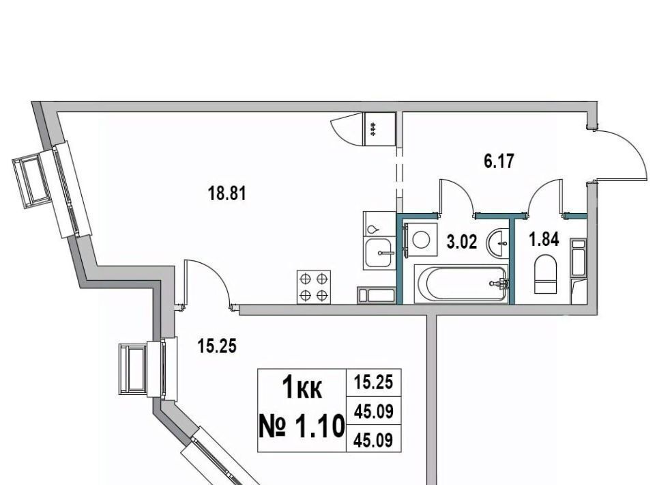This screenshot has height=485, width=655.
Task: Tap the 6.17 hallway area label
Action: [499, 161]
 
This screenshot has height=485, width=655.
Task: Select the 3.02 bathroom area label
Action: [462, 242]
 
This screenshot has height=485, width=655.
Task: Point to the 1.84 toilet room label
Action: [544, 240]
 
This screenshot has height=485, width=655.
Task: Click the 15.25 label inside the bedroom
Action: [217, 346]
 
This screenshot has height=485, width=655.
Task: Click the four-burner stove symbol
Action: [313, 287]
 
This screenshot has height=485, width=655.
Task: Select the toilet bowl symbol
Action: [546, 275]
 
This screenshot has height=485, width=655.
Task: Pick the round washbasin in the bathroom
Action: [497, 243]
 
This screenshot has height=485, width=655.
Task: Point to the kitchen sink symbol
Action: [379, 253]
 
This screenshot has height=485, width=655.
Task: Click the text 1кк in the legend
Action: [302, 387]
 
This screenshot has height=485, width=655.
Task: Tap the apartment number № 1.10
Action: [302, 426]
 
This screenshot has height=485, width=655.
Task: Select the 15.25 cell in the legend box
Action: [374, 382]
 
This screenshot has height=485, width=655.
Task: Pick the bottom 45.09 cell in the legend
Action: [374, 439]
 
